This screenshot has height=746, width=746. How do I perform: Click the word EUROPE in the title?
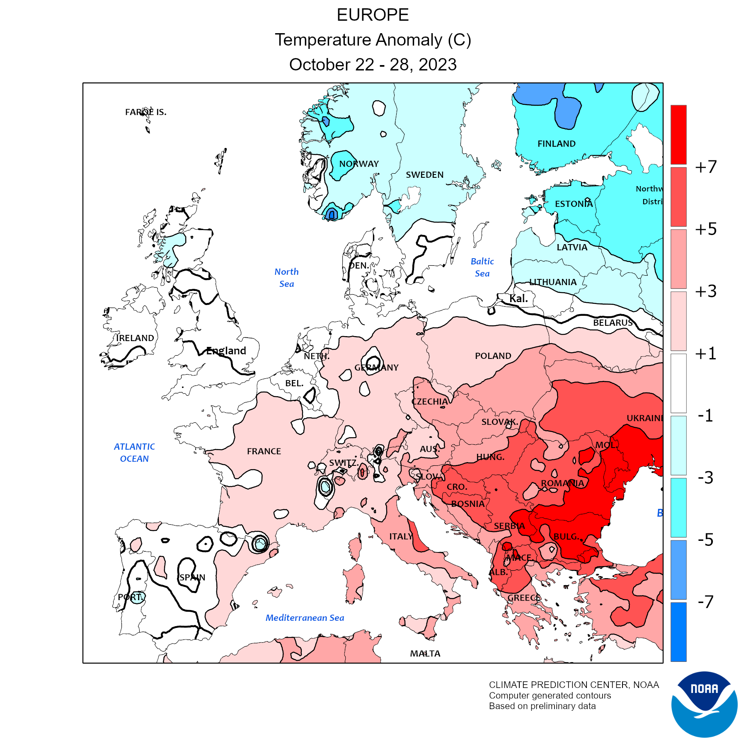tap(373, 15)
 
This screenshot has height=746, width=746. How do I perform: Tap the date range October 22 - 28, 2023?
tap(373, 65)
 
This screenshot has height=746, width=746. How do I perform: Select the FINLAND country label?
tap(556, 144)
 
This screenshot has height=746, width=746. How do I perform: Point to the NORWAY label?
tap(359, 164)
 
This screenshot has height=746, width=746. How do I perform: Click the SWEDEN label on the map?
tap(424, 175)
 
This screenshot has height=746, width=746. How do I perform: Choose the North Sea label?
tap(286, 278)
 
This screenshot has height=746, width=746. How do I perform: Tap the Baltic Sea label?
tap(482, 267)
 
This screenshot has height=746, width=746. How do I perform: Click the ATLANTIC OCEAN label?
tap(134, 453)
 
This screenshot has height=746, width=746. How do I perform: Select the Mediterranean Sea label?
tap(305, 618)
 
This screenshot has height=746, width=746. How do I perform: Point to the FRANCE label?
tap(264, 451)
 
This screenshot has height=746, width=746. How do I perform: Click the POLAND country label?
tap(493, 356)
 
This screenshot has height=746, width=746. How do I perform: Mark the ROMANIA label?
tap(562, 483)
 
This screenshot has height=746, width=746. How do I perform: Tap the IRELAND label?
tap(135, 338)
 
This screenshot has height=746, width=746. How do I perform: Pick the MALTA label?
tap(425, 654)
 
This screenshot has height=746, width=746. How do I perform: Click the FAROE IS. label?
tap(145, 112)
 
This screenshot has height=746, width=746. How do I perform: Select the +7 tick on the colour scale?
tap(706, 167)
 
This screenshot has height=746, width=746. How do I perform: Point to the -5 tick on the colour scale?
tap(705, 540)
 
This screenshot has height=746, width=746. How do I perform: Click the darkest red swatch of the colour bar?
tap(678, 135)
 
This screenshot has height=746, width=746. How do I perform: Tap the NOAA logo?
tap(704, 704)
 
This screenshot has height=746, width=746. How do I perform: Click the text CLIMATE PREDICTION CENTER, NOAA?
tap(574, 685)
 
